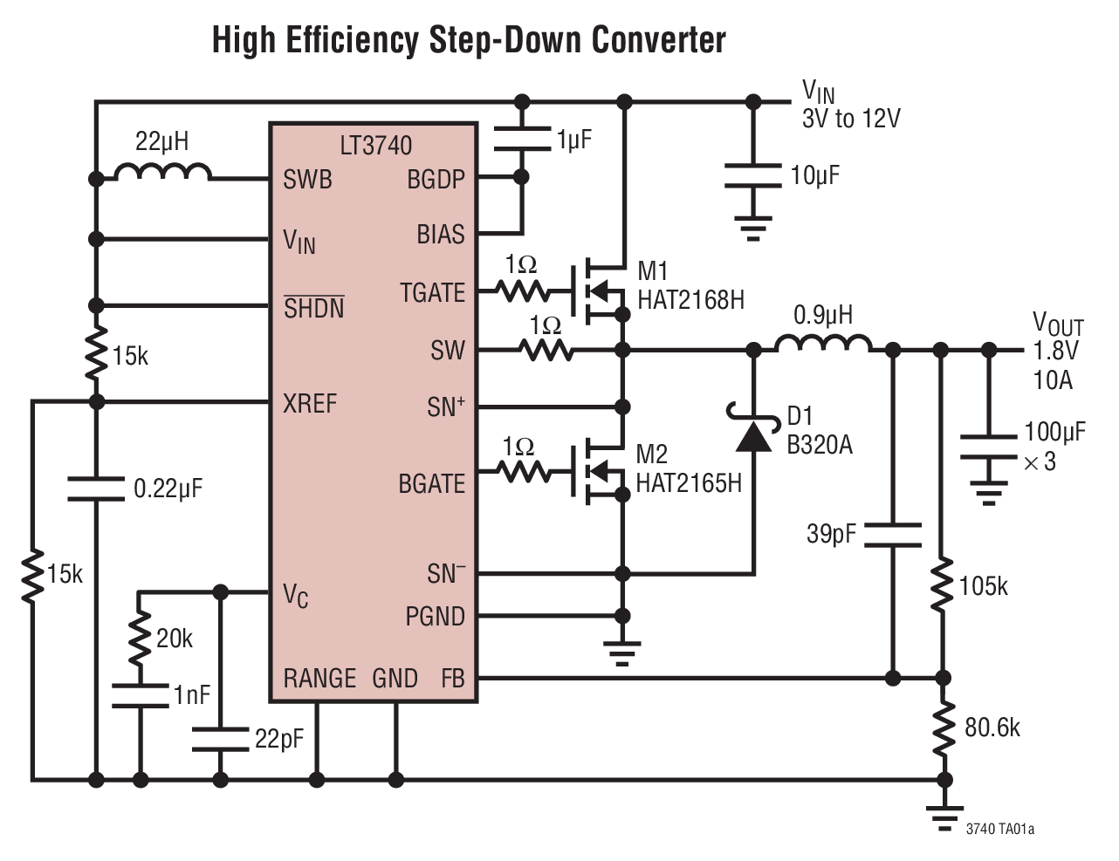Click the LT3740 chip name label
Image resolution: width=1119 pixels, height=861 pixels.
(x=375, y=145)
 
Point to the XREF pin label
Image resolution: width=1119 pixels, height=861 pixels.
(x=309, y=403)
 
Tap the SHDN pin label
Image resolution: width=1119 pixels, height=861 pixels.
(x=313, y=307)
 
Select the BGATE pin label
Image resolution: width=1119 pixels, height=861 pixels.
(x=431, y=483)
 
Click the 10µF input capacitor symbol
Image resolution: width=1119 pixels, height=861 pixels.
(x=752, y=174)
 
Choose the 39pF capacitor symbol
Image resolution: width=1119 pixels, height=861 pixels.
(x=892, y=535)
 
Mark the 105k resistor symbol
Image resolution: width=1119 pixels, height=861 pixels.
(x=942, y=586)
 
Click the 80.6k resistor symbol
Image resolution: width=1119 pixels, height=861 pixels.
(x=942, y=728)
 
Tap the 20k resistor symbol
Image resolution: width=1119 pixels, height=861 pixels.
(x=139, y=639)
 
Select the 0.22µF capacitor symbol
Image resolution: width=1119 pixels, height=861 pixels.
(x=96, y=489)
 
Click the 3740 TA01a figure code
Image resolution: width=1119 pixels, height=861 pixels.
(x=999, y=829)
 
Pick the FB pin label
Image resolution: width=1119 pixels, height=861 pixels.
(x=452, y=678)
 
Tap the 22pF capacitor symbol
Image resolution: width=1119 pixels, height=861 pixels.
(x=220, y=739)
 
